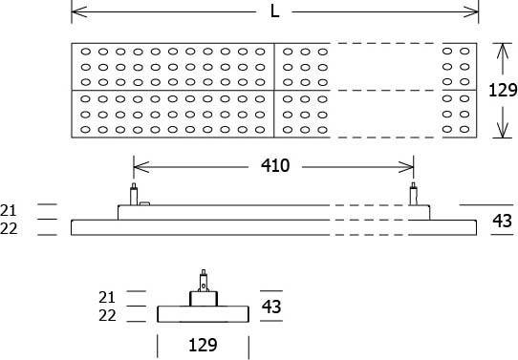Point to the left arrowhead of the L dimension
coord(77,12)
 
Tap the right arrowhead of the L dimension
coord(472,12)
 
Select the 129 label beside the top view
coord(502,91)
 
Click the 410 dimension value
coord(276,166)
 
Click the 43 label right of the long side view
coord(502,221)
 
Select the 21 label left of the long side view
coord(10,209)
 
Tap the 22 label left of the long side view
coord(10,228)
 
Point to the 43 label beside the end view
coord(270,307)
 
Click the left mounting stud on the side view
coord(134,194)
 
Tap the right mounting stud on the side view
coord(414,194)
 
